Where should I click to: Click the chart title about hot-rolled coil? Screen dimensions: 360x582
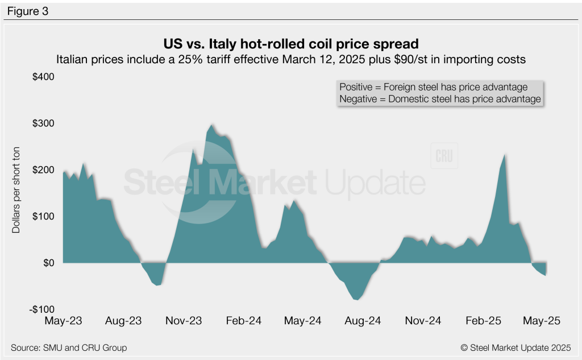291,44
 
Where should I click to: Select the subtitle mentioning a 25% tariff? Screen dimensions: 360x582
291,59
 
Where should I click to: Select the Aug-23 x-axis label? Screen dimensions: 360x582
123,321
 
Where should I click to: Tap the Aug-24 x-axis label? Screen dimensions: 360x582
362,321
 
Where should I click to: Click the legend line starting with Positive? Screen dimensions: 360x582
433,87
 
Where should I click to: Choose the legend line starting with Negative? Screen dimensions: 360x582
439,99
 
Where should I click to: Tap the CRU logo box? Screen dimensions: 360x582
444,157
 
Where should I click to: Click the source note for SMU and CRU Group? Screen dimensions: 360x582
68,347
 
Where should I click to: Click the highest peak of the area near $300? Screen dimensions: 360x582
211,125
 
